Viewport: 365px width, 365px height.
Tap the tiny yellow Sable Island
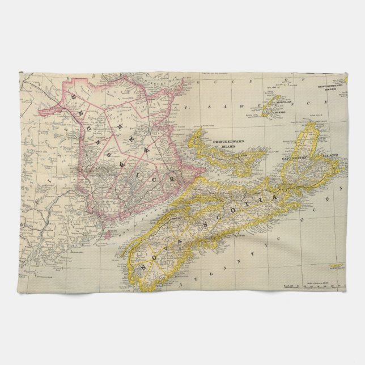pyautogui.click(x=338, y=265)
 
